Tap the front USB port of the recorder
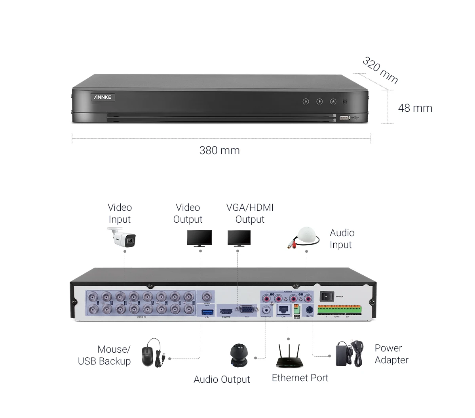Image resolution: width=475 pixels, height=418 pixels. point(344,118)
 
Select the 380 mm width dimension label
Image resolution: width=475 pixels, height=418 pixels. point(219,151)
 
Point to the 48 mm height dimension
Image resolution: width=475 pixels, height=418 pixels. point(415,108)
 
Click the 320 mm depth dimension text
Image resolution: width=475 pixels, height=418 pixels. point(380,70)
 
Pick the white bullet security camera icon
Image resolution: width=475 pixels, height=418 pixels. point(122,237)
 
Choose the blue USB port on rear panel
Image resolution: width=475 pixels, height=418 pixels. point(207,313)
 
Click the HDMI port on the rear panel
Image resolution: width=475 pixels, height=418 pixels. point(226,311)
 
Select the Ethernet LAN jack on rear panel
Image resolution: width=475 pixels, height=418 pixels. point(283,309)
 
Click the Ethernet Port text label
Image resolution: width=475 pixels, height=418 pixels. point(300,378)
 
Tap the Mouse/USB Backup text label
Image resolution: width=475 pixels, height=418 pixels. point(104,355)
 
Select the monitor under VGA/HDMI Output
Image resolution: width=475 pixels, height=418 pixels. point(239,239)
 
